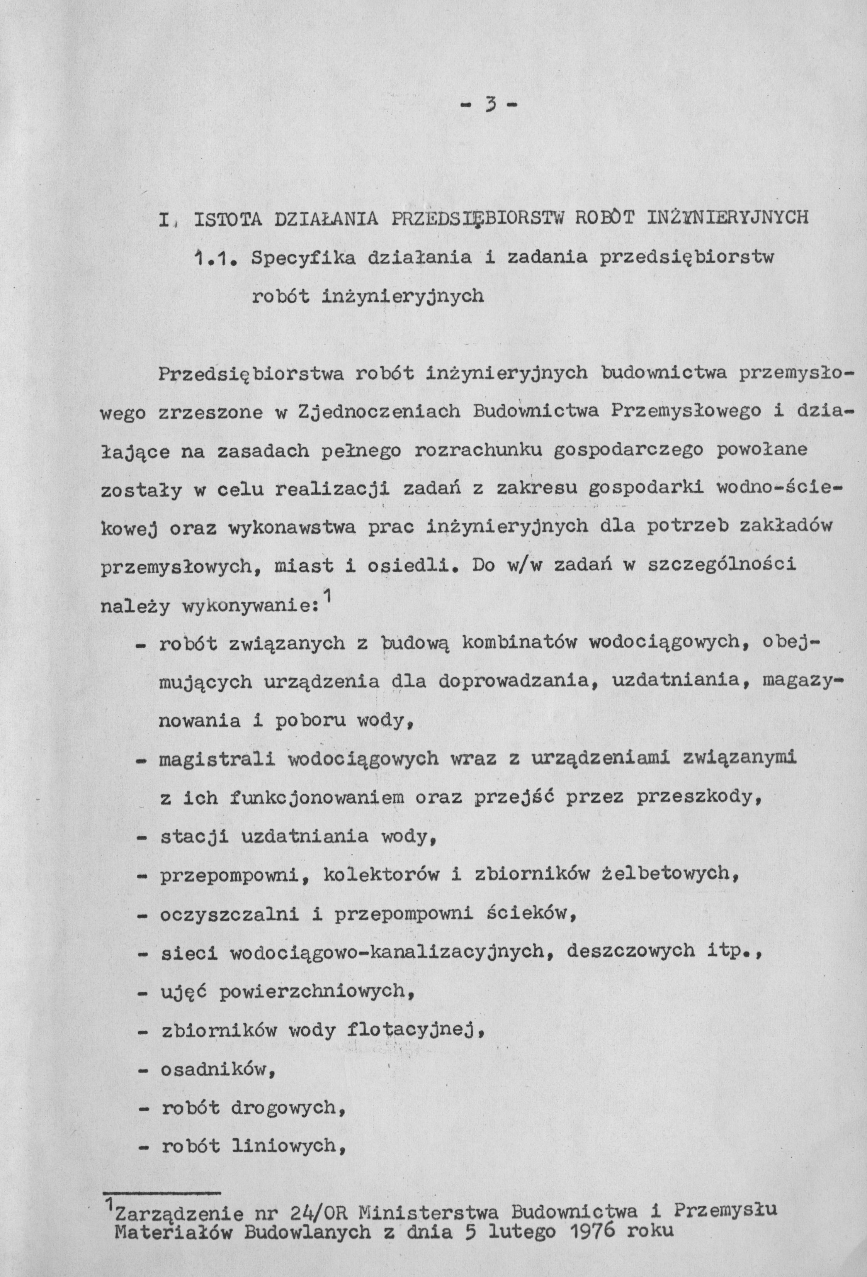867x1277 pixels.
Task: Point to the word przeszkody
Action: (698, 797)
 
